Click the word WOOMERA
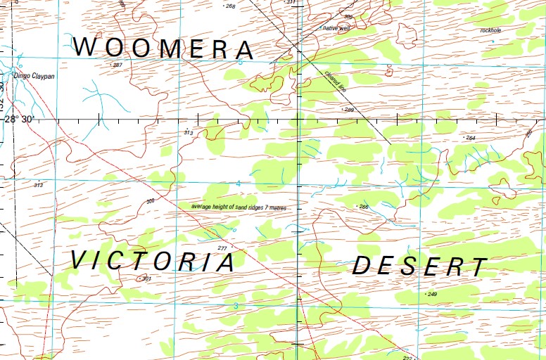(163, 49)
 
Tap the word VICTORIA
(153, 262)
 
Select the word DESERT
(419, 266)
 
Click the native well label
(336, 28)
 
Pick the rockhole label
(490, 30)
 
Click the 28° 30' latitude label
(18, 119)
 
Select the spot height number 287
(118, 65)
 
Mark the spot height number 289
(348, 110)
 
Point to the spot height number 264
(471, 138)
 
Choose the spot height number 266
(363, 206)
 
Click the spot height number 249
(432, 294)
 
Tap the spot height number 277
(222, 248)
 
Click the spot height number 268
(230, 6)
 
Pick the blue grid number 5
(239, 63)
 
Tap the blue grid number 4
(239, 184)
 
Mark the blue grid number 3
(236, 305)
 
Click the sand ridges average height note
(243, 207)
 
